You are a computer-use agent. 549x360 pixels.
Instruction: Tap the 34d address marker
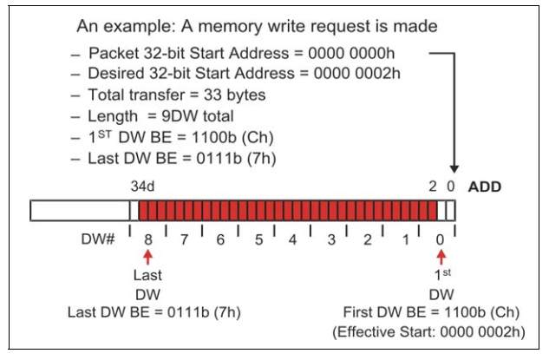(141, 187)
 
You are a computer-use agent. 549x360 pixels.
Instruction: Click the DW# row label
(99, 239)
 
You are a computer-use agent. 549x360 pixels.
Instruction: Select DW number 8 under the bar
(149, 239)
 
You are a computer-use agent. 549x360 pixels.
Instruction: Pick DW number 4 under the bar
(294, 239)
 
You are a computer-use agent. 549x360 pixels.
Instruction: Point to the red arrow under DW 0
(441, 257)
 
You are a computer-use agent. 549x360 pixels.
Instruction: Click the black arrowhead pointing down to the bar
(452, 168)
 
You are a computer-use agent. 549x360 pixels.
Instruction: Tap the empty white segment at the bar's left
(79, 211)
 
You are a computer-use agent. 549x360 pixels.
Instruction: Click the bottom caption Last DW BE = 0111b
(147, 312)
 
